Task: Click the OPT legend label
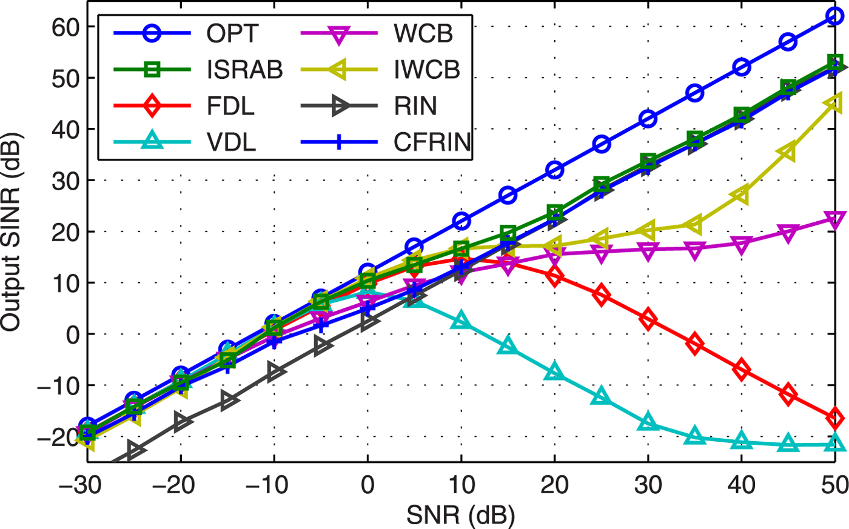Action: (x=232, y=34)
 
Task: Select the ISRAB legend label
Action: (x=244, y=70)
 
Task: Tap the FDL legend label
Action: (x=230, y=106)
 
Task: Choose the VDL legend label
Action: (x=231, y=142)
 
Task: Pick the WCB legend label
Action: (x=423, y=34)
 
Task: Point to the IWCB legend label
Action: (x=426, y=70)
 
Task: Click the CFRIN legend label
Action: (x=432, y=142)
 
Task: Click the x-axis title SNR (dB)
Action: (x=461, y=516)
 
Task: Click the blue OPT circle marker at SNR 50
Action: (x=835, y=16)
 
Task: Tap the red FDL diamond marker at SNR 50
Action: (x=835, y=418)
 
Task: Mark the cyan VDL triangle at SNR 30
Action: (x=648, y=422)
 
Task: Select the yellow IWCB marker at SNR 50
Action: (x=834, y=104)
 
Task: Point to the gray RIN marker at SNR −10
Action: (x=275, y=370)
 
